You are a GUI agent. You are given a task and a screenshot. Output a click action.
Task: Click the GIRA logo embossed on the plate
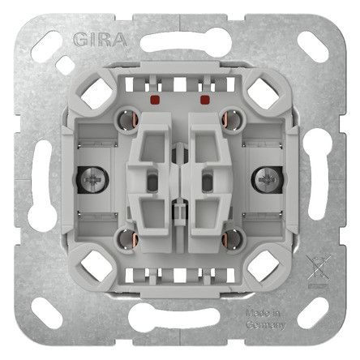click(100, 40)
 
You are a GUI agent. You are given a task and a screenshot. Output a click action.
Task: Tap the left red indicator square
click(155, 100)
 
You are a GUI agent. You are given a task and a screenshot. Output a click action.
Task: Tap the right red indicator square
click(204, 100)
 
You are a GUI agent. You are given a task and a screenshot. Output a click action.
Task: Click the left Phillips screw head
click(92, 180)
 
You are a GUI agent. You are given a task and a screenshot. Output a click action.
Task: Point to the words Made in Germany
click(266, 319)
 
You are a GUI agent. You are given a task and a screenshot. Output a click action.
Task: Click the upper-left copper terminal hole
click(127, 120)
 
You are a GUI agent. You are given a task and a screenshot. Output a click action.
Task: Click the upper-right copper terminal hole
click(232, 120)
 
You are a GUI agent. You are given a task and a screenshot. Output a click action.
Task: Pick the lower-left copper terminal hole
click(127, 239)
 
